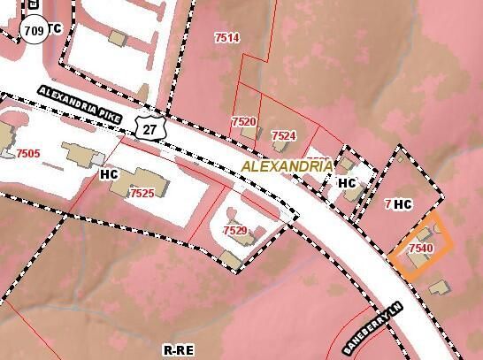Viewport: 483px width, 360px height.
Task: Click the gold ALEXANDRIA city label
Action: [287, 166]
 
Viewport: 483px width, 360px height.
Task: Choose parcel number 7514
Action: [227, 37]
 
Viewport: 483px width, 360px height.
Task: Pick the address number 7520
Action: [243, 121]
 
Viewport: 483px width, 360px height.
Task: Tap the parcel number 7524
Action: [284, 135]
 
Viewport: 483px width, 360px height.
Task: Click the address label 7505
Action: [27, 153]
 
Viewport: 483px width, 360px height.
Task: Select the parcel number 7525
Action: [142, 193]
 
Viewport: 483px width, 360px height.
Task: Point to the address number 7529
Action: [234, 230]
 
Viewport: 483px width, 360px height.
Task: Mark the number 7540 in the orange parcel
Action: [421, 249]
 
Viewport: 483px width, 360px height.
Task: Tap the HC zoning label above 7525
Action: [109, 174]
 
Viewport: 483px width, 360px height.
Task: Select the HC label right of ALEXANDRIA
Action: [347, 183]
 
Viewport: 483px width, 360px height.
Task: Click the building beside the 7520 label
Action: [250, 134]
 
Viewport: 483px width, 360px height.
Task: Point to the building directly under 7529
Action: [231, 257]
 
